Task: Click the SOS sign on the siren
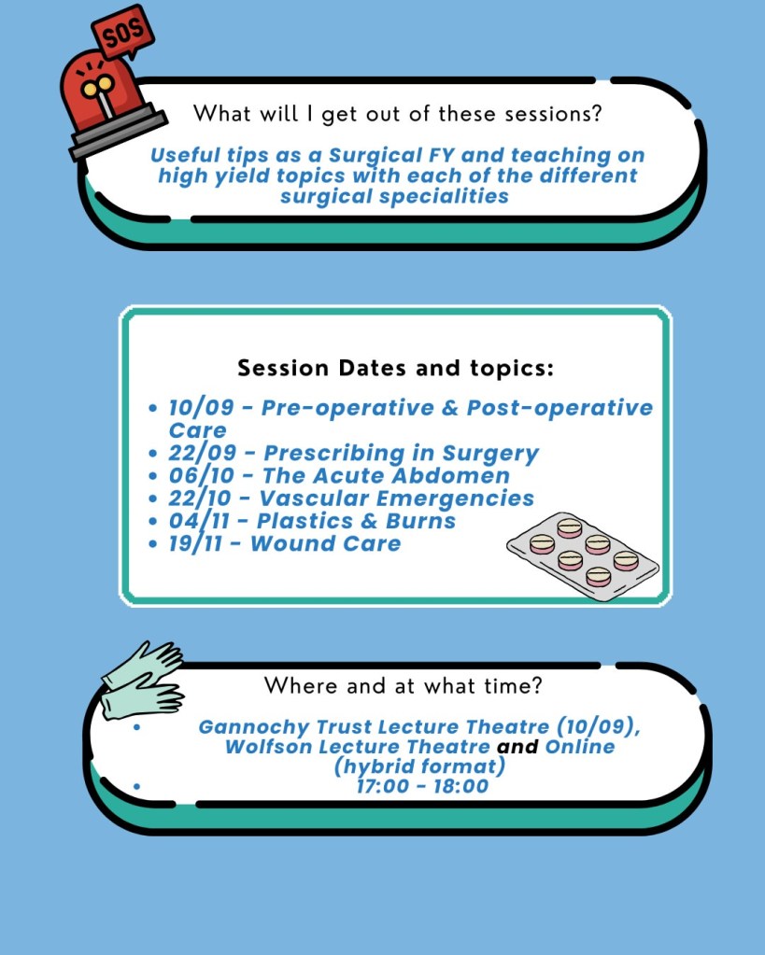pyautogui.click(x=122, y=33)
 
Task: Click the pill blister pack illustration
pyautogui.click(x=583, y=556)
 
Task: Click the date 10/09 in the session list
pyautogui.click(x=201, y=407)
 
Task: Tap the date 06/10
pyautogui.click(x=201, y=476)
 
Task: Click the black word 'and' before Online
pyautogui.click(x=517, y=747)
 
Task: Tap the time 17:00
pyautogui.click(x=383, y=786)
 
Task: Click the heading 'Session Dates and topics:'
pyautogui.click(x=396, y=368)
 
